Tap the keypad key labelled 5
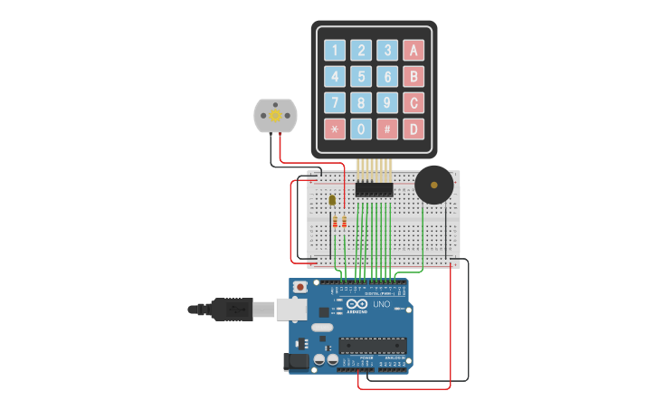pos(361,77)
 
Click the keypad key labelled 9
pos(387,103)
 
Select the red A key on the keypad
pos(414,51)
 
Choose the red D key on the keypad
pos(414,129)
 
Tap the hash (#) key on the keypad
pos(387,129)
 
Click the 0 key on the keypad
pos(361,129)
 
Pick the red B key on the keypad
pos(414,77)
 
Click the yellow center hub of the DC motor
pos(274,115)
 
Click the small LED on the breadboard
pos(332,200)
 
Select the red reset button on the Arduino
pos(300,288)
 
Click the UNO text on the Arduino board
pos(381,305)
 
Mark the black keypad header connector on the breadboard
pos(375,189)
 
